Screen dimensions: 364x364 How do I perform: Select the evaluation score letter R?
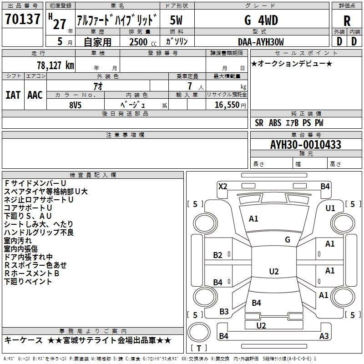click(x=347, y=20)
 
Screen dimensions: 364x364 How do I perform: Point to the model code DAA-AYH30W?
click(x=261, y=41)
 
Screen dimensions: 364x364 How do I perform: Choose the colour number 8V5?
click(x=76, y=104)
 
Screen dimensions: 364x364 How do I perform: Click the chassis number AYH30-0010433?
click(x=299, y=145)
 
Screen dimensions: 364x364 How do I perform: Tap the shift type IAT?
click(x=13, y=95)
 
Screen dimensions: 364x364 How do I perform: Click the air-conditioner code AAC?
click(x=35, y=95)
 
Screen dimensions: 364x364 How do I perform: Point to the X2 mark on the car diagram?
click(x=222, y=186)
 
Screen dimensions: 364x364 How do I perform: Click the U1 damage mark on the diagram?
click(x=330, y=208)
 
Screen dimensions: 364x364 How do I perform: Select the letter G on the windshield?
click(x=288, y=240)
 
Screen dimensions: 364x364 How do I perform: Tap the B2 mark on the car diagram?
click(x=218, y=255)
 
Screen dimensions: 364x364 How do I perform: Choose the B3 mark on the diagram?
click(x=224, y=312)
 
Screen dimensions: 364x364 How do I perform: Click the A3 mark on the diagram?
click(x=324, y=336)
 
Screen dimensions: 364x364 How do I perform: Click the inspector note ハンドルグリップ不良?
click(x=39, y=233)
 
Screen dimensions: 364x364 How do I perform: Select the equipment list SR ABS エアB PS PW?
click(x=289, y=123)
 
